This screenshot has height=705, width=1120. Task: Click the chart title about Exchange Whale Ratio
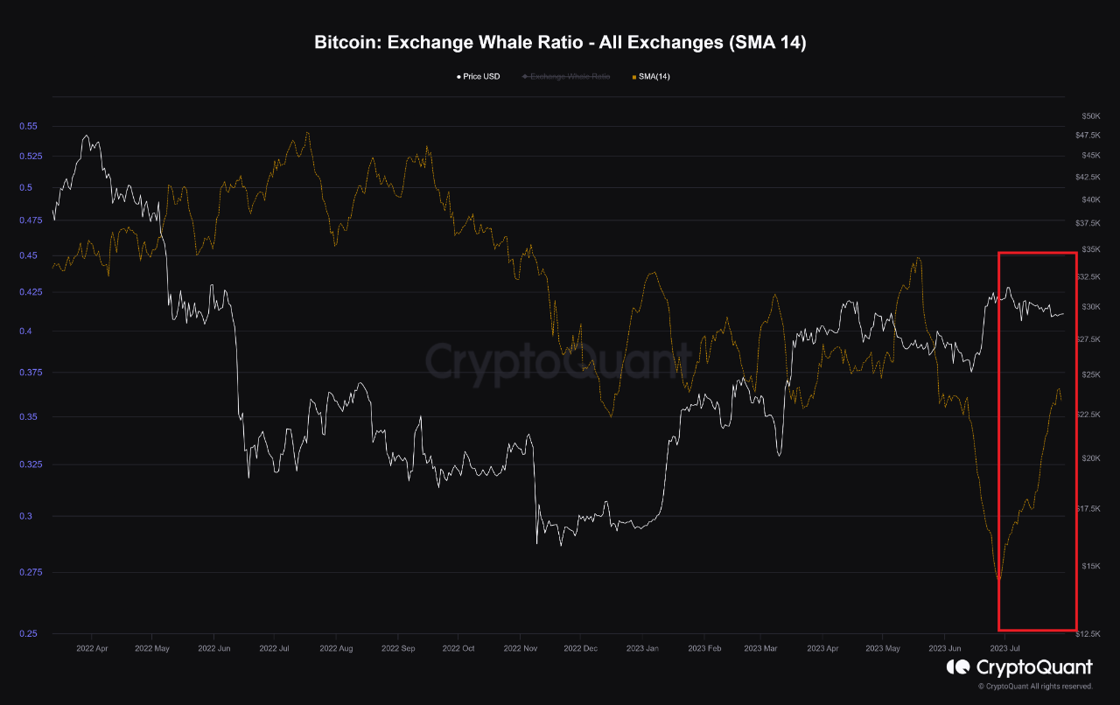[x=560, y=43]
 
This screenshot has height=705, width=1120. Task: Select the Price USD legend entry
[x=478, y=77]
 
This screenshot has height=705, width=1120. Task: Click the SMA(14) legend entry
[x=650, y=77]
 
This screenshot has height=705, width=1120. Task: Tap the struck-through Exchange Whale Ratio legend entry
[x=566, y=77]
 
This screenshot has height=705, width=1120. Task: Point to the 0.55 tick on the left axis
[x=28, y=126]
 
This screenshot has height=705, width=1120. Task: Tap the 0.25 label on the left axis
[x=28, y=633]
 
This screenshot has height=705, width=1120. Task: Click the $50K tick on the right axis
[x=1091, y=115]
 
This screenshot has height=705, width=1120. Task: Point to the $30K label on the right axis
[x=1091, y=307]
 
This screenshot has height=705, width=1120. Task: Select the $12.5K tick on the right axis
[x=1089, y=633]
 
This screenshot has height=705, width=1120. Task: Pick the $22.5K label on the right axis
[x=1089, y=415]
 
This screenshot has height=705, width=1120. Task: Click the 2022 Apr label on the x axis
[x=92, y=649]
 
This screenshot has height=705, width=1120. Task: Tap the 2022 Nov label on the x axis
[x=521, y=649]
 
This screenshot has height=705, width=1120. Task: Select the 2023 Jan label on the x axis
[x=642, y=649]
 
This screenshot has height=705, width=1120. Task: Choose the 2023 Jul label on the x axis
[x=1004, y=649]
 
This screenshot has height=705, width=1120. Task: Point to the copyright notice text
[x=1034, y=687]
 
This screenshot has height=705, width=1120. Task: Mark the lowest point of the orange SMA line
[x=998, y=579]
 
